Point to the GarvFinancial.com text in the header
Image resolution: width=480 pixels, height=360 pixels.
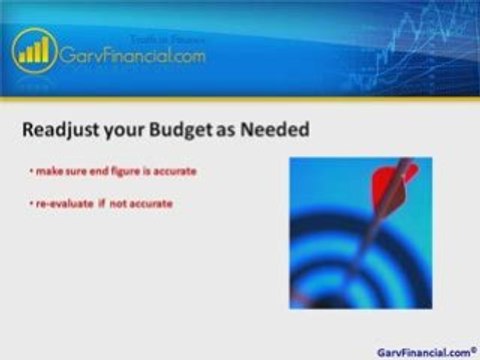[134, 57]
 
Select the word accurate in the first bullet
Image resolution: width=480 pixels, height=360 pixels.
[175, 172]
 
